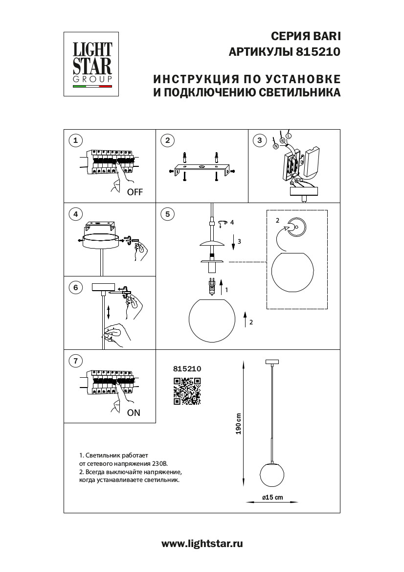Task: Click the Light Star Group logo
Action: pyautogui.click(x=92, y=64)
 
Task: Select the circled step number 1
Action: pyautogui.click(x=75, y=141)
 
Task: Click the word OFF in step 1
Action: pyautogui.click(x=135, y=192)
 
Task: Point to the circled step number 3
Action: pyautogui.click(x=259, y=141)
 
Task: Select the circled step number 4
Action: pyautogui.click(x=75, y=214)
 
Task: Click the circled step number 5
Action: pyautogui.click(x=167, y=214)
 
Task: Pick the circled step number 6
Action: pyautogui.click(x=75, y=288)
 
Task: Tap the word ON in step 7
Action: pyautogui.click(x=134, y=412)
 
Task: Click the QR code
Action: pyautogui.click(x=187, y=391)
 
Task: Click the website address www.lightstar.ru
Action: pyautogui.click(x=202, y=543)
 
